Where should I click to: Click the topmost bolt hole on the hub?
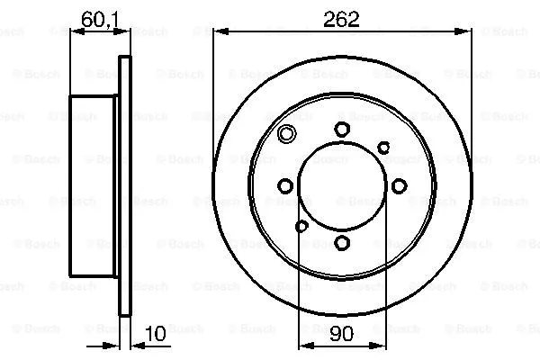[x=341, y=130]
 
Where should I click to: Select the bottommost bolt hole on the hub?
[x=341, y=242]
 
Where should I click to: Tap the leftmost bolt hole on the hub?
[x=285, y=186]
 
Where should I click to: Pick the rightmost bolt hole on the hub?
[x=397, y=186]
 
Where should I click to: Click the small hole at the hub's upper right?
[x=382, y=147]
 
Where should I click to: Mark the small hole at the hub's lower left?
[x=301, y=226]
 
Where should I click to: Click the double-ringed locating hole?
[x=287, y=136]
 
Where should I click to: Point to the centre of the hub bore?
[x=341, y=186]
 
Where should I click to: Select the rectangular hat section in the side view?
[x=94, y=186]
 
